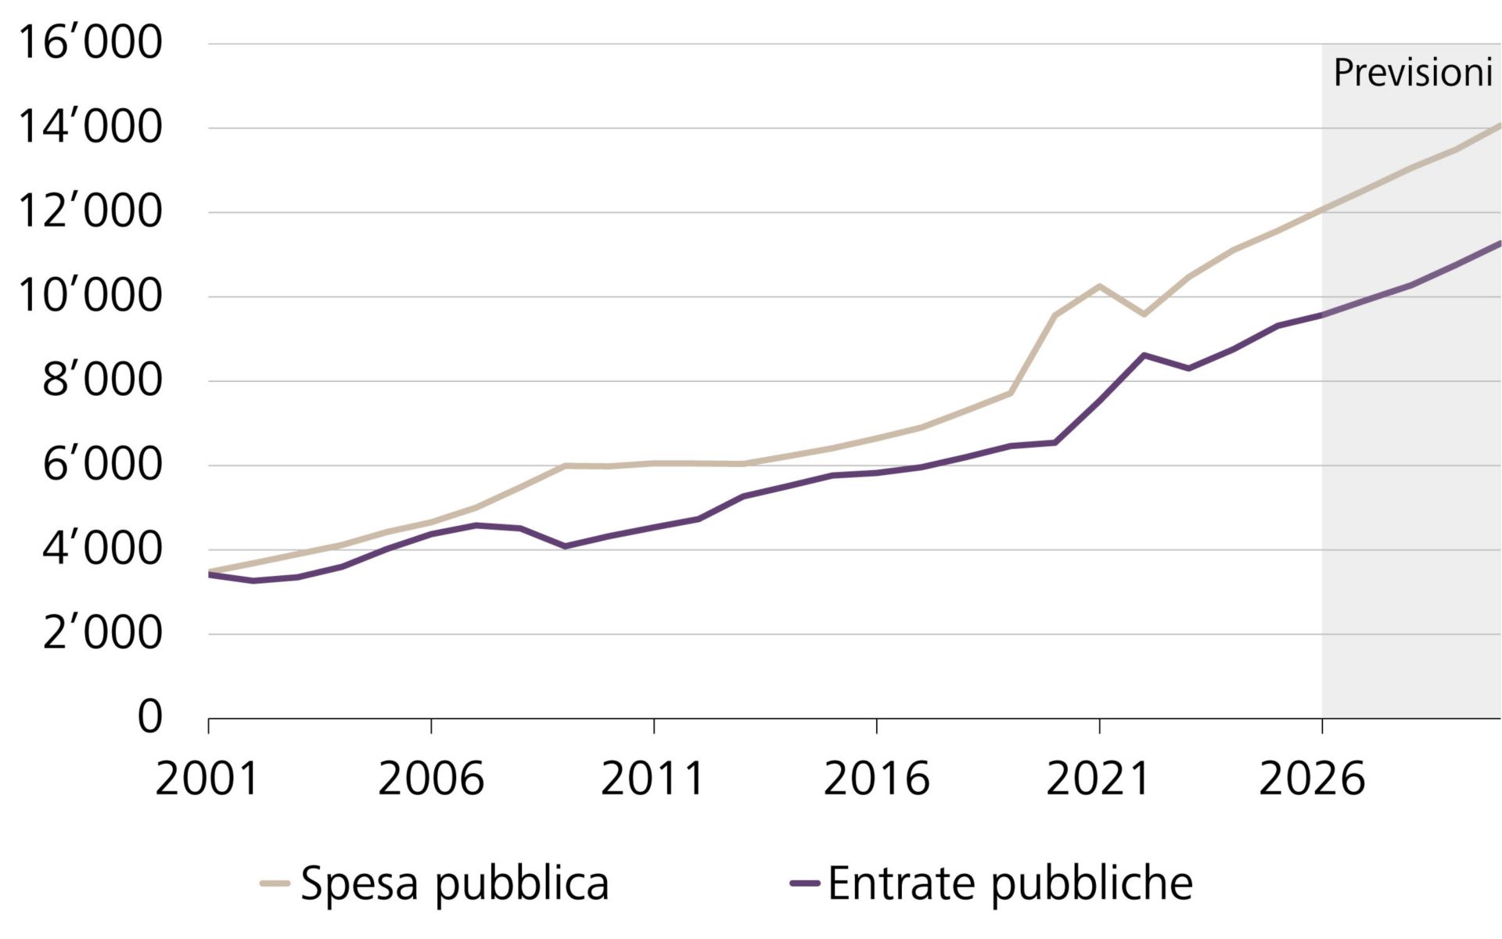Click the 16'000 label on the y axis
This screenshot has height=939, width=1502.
(89, 42)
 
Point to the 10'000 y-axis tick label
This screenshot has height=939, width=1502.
(89, 296)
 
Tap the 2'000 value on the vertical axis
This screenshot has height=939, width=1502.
(102, 633)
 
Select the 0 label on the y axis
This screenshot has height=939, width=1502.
(149, 717)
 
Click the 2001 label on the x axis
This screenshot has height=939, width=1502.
(207, 779)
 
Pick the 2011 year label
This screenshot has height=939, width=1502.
(653, 779)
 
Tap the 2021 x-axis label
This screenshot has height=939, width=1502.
(1098, 779)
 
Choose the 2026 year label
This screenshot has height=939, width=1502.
(1312, 779)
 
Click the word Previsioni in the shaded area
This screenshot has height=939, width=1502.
(1413, 73)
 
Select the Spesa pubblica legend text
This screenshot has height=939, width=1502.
(454, 884)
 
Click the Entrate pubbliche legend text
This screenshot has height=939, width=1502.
(1009, 884)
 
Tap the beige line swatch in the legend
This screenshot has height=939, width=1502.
(275, 883)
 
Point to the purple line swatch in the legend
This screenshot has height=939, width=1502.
(804, 883)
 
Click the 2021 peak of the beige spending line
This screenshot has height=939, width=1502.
(1099, 286)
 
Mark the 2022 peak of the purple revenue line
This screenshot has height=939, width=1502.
(1144, 355)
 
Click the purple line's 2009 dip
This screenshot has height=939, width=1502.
(565, 546)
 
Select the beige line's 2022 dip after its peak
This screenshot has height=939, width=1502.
(1144, 315)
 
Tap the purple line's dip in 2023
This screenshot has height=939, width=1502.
(1188, 368)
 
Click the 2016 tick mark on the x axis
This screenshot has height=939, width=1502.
(876, 725)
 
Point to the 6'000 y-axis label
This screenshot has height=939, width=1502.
(102, 465)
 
